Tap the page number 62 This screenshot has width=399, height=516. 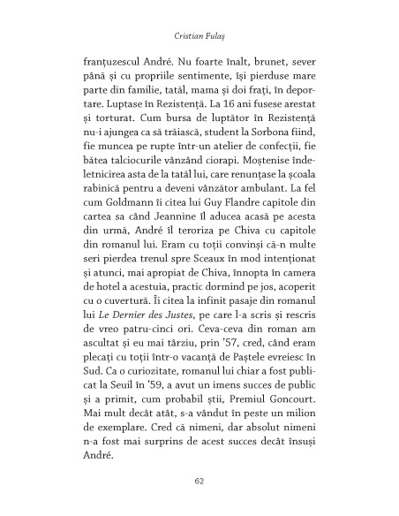199,482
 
